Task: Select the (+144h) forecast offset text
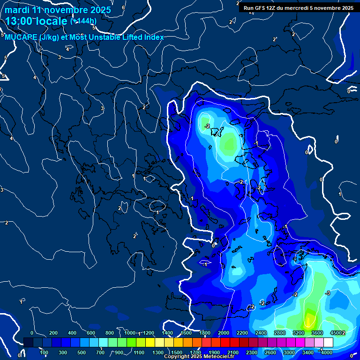[83, 21]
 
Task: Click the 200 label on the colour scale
[53, 333]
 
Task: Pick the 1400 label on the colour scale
[167, 333]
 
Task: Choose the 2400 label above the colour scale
[261, 333]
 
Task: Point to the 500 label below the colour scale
[82, 352]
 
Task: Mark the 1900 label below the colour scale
[214, 352]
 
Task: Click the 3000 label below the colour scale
[289, 352]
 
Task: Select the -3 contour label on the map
[328, 293]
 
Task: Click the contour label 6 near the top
[123, 8]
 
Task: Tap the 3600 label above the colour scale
[317, 333]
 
